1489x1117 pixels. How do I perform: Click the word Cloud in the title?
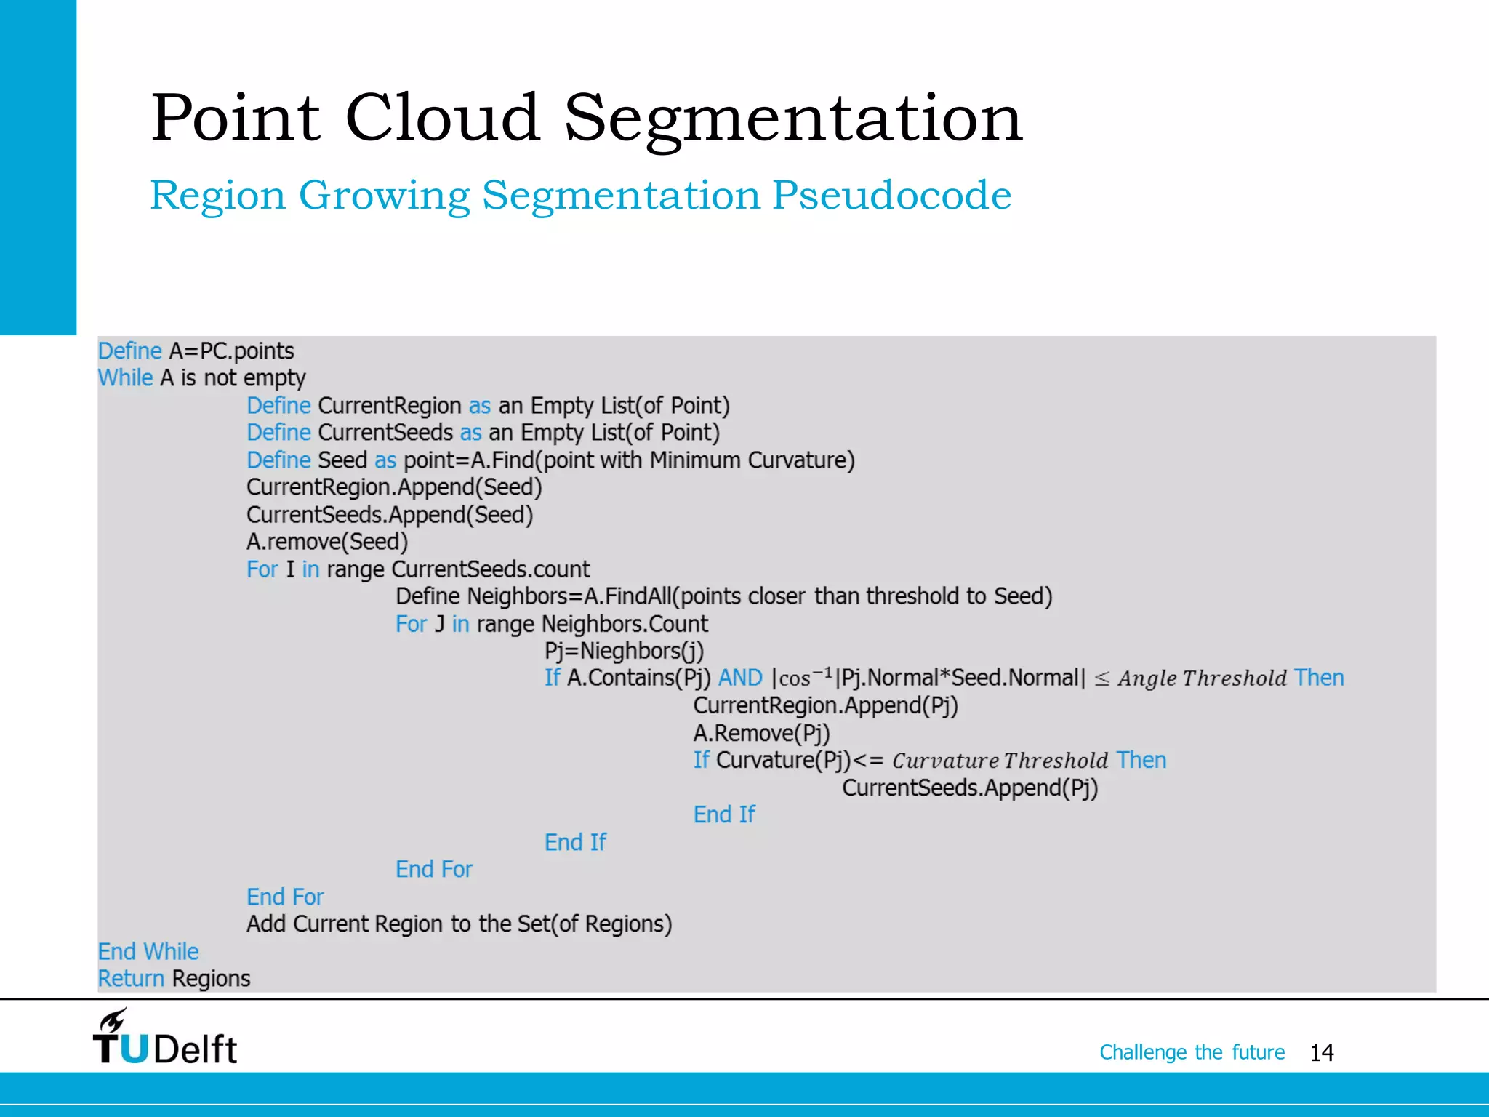point(441,118)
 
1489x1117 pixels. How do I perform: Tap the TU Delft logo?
point(165,1039)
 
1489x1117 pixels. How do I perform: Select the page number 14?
point(1321,1053)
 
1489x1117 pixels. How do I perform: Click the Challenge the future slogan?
point(1191,1052)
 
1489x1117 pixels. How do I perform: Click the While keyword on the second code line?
point(125,378)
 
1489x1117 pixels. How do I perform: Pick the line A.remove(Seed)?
point(327,542)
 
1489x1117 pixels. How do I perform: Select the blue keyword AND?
point(739,678)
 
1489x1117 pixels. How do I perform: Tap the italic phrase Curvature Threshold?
point(1000,761)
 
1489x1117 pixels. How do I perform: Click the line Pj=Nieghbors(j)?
point(624,651)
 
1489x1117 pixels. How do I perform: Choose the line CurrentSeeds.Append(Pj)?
point(969,788)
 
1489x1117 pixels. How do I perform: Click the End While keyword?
point(148,951)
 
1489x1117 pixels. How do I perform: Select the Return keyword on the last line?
point(131,979)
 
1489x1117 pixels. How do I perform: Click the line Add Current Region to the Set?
point(459,924)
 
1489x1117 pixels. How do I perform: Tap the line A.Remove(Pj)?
point(761,733)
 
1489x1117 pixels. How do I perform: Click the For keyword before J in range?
point(411,624)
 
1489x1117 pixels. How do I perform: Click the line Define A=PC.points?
point(196,351)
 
